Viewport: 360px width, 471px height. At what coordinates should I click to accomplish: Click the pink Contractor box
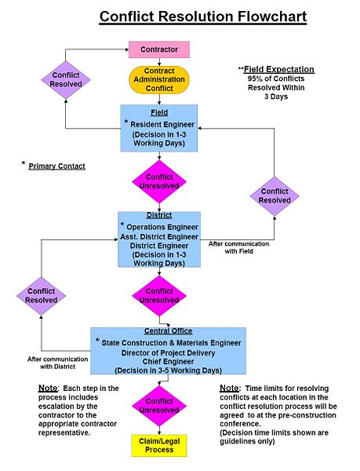tap(159, 49)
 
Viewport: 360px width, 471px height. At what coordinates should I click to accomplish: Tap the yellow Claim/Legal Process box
tap(159, 446)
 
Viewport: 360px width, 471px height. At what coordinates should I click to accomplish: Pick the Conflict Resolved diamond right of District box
tap(275, 195)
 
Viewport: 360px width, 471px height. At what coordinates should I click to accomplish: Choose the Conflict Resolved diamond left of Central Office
tap(41, 296)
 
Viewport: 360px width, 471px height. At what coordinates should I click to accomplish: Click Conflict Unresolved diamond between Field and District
tap(159, 181)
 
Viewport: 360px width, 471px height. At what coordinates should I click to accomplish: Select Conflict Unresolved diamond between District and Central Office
tap(159, 296)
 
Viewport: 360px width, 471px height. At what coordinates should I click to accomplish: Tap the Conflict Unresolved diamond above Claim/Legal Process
tap(159, 406)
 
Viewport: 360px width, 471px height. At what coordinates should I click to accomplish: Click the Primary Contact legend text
tap(56, 166)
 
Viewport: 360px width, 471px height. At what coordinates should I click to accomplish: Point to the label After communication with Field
tap(239, 248)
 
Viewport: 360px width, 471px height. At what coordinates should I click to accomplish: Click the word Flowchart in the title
tap(257, 16)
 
